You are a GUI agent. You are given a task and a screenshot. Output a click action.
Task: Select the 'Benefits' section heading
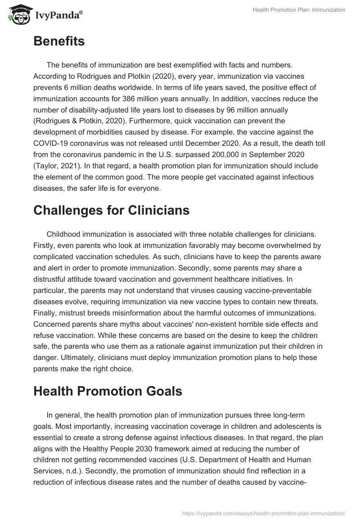(x=58, y=41)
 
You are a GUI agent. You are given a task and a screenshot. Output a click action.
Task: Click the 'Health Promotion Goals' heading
(x=108, y=391)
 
